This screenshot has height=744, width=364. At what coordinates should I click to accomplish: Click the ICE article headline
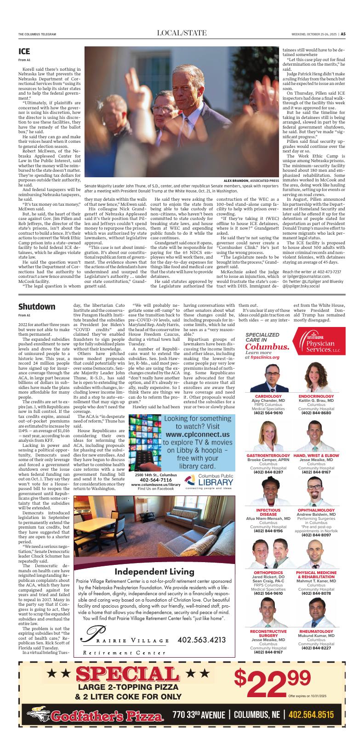(x=24, y=51)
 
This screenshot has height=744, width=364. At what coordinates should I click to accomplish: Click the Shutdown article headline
(x=37, y=306)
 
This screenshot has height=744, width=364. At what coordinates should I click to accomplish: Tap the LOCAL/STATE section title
(x=182, y=33)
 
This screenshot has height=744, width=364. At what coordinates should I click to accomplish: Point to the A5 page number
(x=343, y=34)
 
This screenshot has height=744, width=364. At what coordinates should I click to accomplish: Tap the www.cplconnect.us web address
(x=198, y=434)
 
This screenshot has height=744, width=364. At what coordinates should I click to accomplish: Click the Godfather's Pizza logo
(x=95, y=716)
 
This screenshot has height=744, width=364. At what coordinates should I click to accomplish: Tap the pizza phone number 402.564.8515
(x=312, y=715)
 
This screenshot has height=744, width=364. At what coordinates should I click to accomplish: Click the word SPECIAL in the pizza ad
(x=127, y=675)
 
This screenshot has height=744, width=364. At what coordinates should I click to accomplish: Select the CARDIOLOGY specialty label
(x=268, y=396)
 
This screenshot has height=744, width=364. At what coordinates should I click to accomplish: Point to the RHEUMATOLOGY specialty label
(x=316, y=631)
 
